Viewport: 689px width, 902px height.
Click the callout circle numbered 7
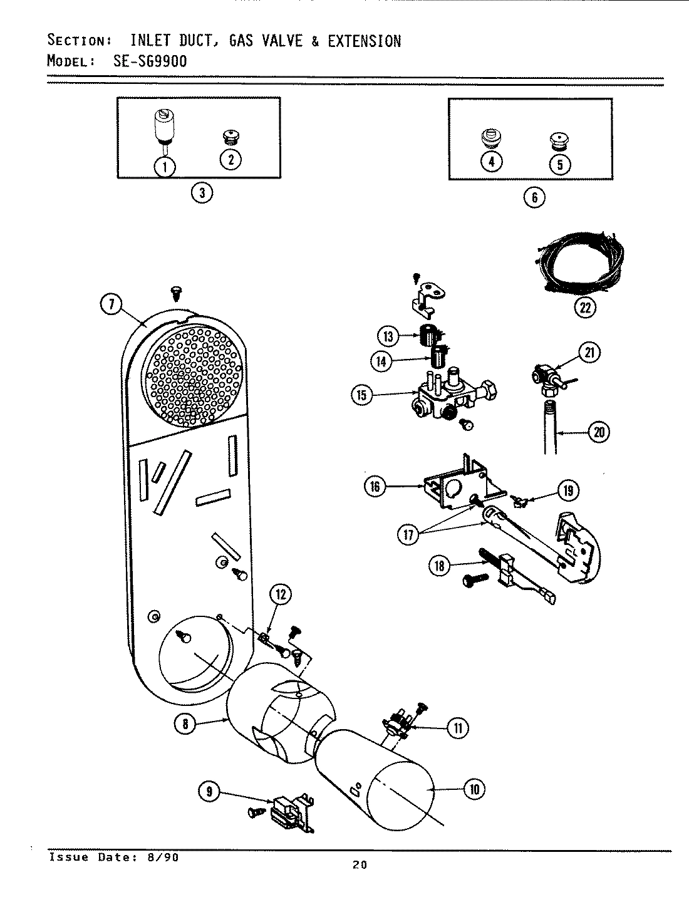click(110, 305)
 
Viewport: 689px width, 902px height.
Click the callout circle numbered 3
click(201, 193)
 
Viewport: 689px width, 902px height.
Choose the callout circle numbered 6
click(534, 197)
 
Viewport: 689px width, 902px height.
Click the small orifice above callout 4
click(490, 137)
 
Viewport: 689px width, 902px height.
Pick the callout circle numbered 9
click(209, 792)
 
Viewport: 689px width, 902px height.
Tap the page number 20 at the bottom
click(359, 866)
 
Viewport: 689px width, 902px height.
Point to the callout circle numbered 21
click(589, 353)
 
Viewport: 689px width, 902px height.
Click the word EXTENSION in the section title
click(363, 41)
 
